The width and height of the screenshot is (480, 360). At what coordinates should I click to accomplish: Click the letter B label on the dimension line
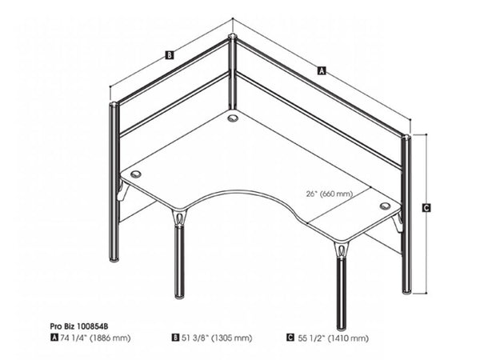point(169,55)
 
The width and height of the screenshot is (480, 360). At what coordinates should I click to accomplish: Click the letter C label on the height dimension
point(426,208)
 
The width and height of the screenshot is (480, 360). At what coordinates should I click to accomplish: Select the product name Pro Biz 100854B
point(85,327)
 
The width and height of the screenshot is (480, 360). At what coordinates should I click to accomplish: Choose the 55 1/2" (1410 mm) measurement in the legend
point(335,338)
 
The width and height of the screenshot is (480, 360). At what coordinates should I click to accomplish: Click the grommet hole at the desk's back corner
point(233,118)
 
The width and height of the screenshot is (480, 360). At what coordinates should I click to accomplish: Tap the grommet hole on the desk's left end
point(134,173)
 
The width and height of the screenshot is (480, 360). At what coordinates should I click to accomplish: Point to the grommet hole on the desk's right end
point(386,206)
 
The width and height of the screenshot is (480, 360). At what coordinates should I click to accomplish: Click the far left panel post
point(114,184)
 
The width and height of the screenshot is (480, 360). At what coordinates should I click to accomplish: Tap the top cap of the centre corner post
point(232,37)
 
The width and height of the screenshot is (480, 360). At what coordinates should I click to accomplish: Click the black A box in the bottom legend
point(54,338)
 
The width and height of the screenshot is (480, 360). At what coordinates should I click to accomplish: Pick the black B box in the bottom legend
point(175,338)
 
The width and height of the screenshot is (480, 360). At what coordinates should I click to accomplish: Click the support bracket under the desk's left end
point(122,193)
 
